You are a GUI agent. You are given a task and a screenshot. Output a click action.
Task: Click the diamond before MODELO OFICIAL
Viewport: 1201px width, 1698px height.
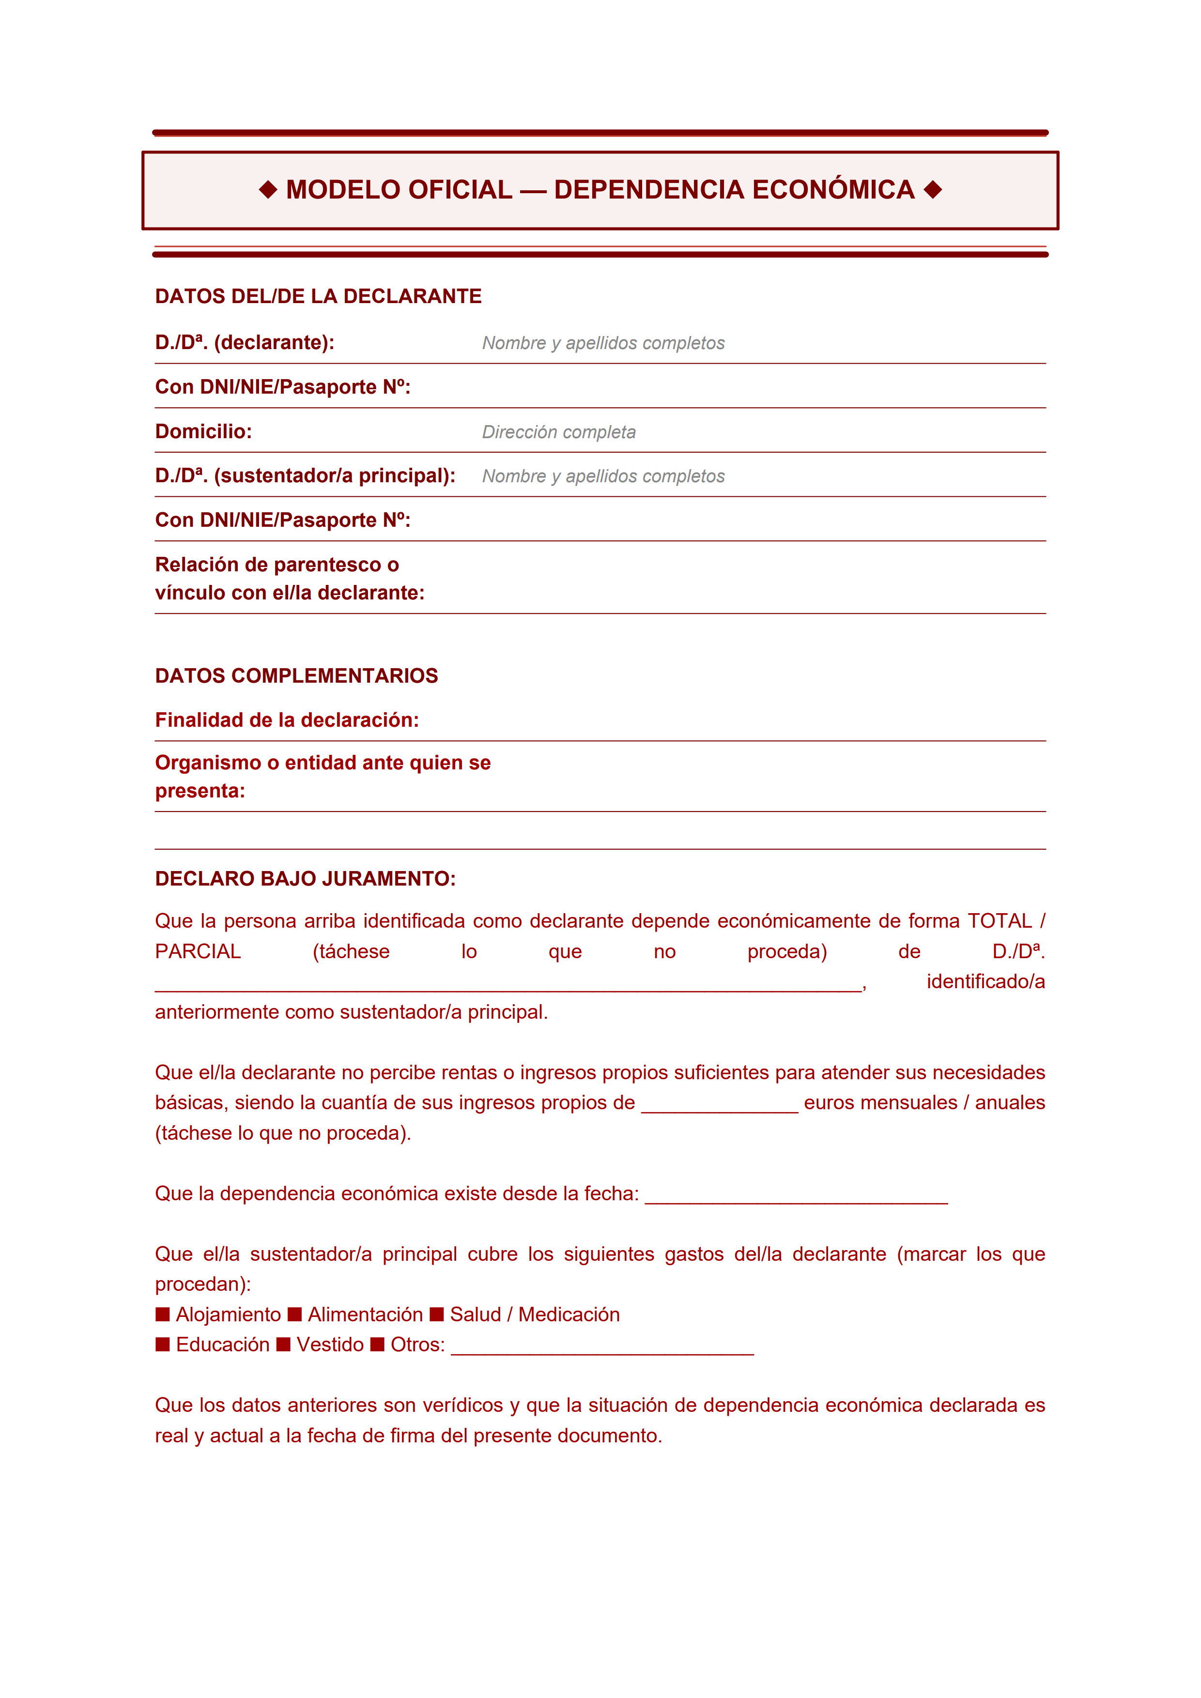(x=268, y=190)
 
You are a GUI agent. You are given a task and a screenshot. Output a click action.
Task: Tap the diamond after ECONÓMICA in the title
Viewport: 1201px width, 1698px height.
(x=933, y=190)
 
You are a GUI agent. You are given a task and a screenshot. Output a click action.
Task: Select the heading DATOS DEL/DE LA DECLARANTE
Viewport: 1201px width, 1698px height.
(x=318, y=297)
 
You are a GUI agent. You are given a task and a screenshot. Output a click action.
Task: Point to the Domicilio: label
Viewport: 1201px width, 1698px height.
(x=203, y=432)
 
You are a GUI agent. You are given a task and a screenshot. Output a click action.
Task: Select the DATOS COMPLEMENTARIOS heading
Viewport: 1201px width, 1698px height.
(x=296, y=676)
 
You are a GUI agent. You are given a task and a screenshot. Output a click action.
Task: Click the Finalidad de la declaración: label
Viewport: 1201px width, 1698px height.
(x=287, y=720)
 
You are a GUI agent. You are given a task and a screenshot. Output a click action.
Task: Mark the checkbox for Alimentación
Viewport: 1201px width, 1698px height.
(x=295, y=1314)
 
